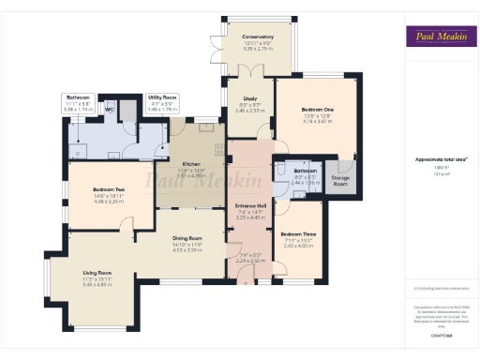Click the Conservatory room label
coord(257,37)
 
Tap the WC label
coord(109,109)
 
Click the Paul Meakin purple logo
coord(438,37)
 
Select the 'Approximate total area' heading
coord(438,159)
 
